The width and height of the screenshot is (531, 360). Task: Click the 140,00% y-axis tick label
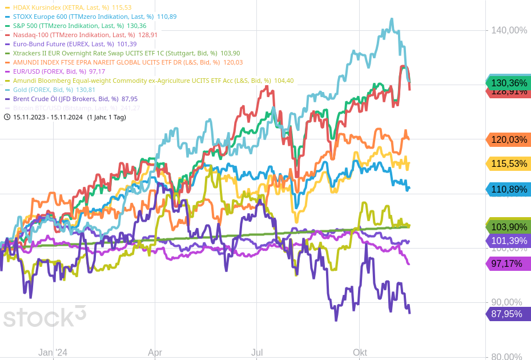[509, 30]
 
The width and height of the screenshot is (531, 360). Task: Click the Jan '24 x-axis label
[53, 353]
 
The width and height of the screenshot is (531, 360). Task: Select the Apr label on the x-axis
[155, 353]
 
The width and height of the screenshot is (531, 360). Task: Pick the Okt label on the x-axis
[360, 353]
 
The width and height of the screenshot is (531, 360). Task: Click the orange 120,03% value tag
[508, 139]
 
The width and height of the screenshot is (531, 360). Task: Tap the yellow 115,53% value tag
[508, 164]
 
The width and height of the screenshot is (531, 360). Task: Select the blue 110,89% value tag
[508, 190]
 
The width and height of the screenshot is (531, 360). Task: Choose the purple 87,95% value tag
[508, 314]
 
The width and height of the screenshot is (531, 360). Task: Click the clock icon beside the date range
[7, 117]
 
